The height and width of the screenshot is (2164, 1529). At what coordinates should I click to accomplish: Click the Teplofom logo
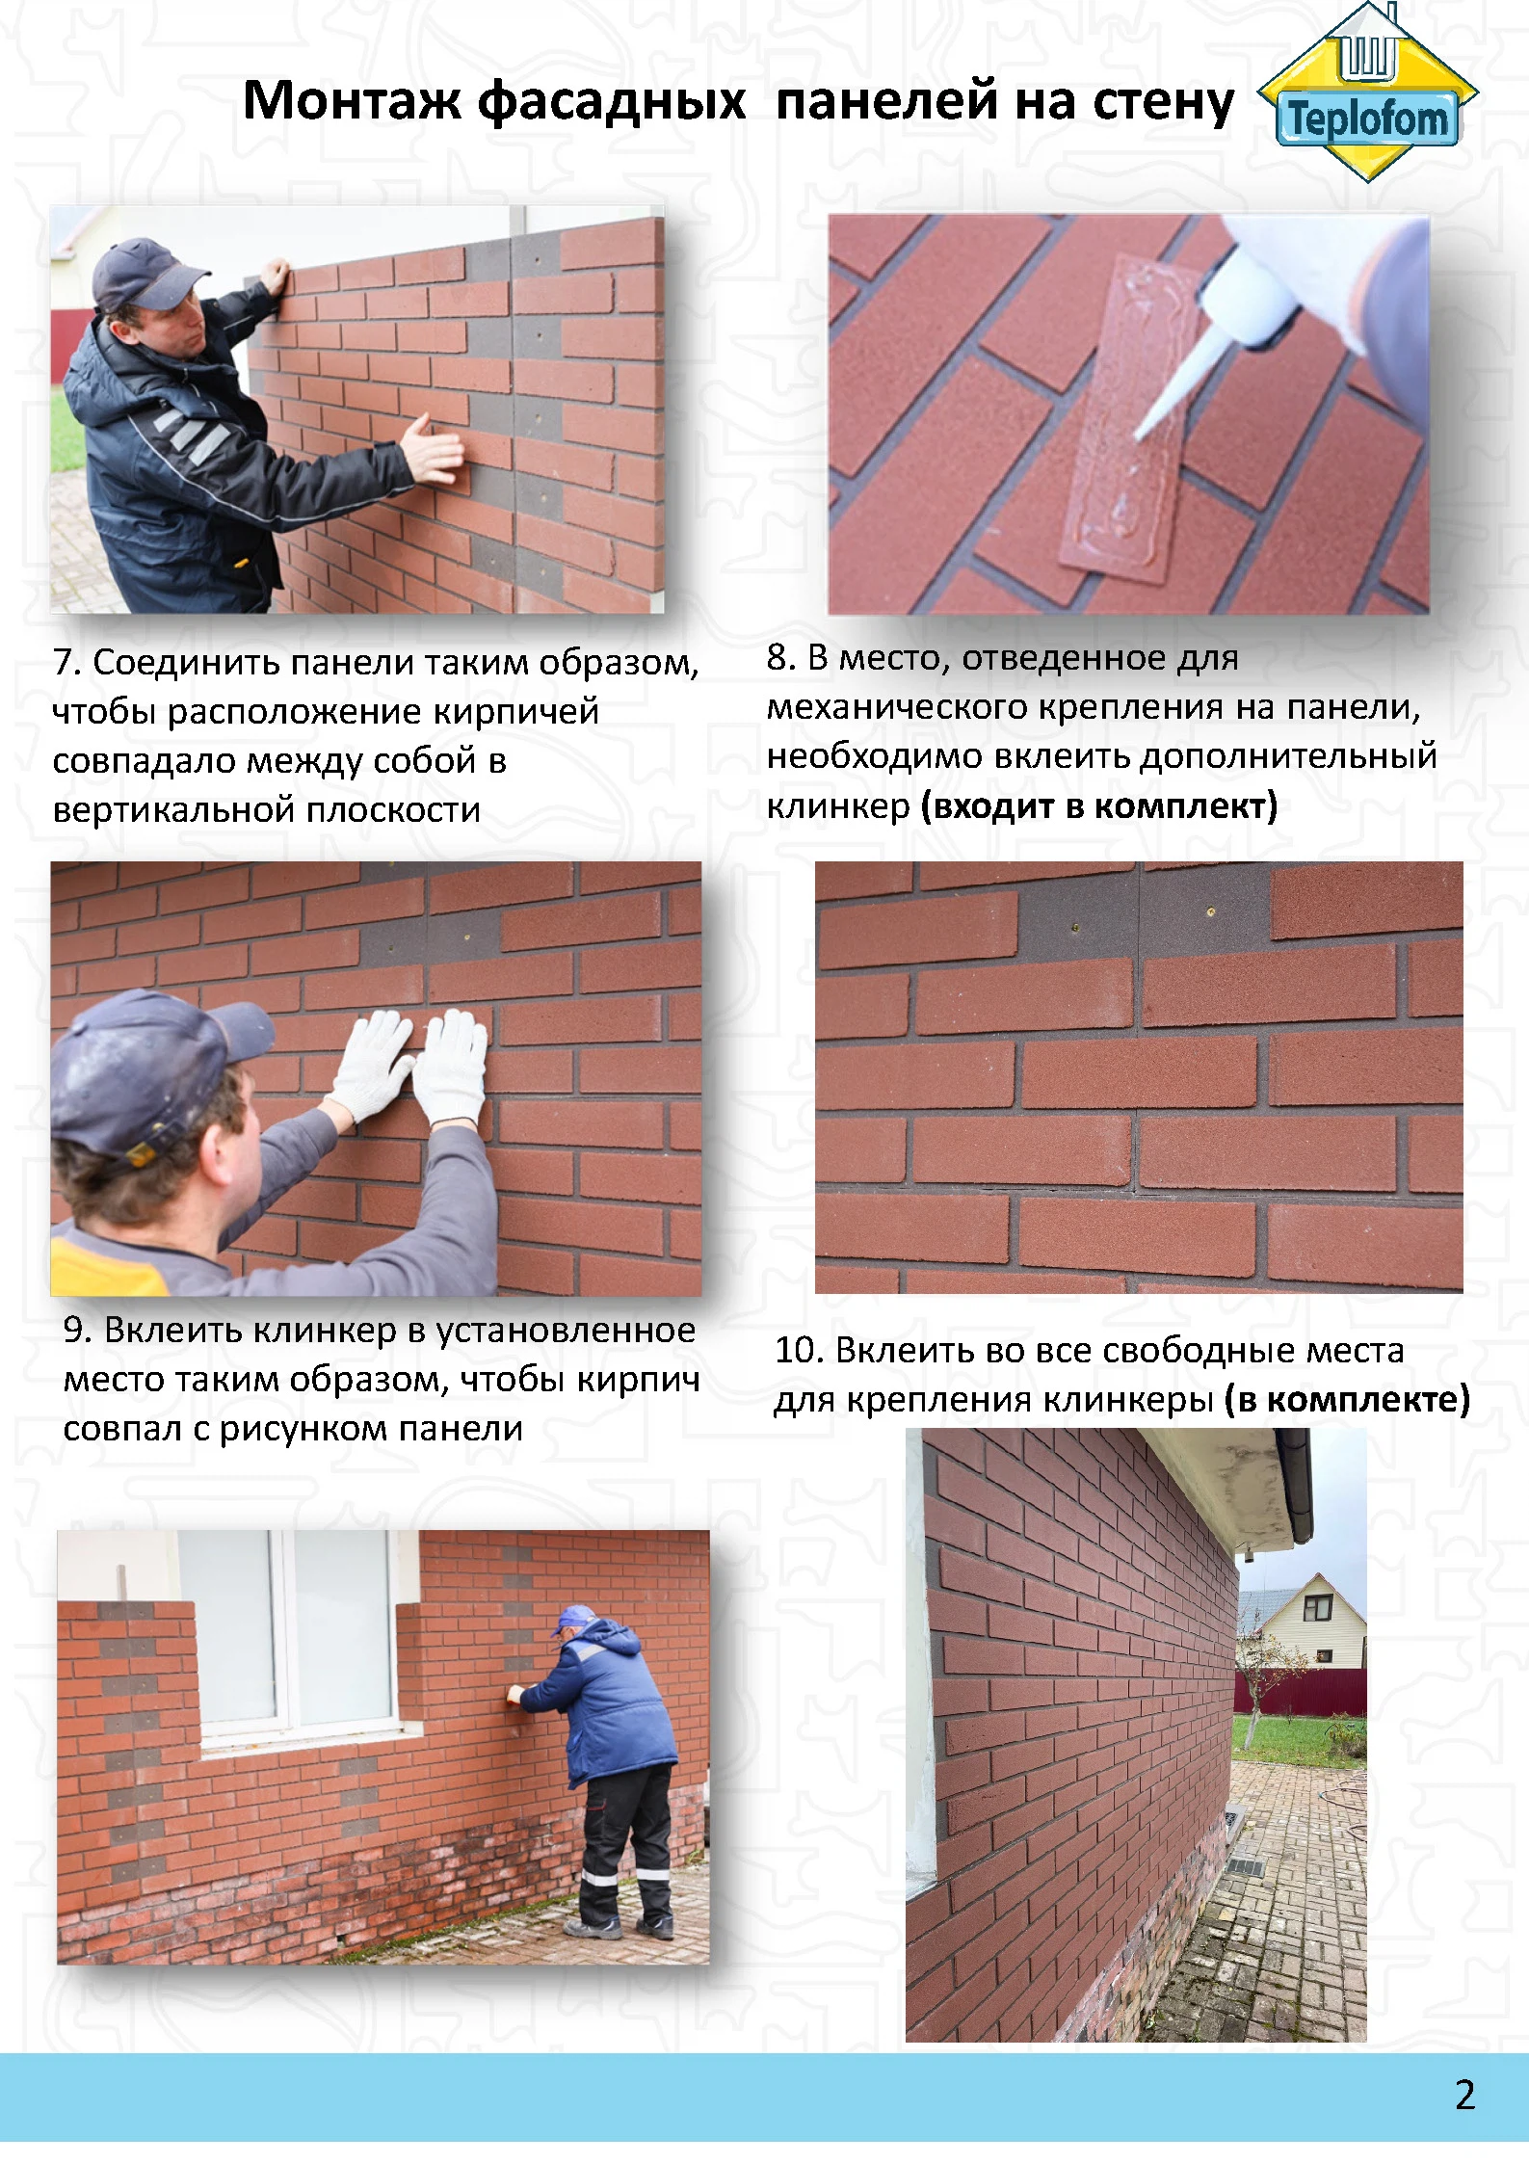point(1368,93)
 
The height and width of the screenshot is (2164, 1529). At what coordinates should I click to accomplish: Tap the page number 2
point(1464,2096)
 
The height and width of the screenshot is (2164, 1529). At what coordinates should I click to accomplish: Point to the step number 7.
point(64,663)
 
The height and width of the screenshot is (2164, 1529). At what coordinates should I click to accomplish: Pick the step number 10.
point(797,1351)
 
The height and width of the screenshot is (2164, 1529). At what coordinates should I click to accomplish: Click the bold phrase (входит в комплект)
point(1099,806)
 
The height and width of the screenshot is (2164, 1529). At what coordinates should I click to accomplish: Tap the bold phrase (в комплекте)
point(1347,1400)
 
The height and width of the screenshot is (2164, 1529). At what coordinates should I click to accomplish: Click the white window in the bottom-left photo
point(289,1642)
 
